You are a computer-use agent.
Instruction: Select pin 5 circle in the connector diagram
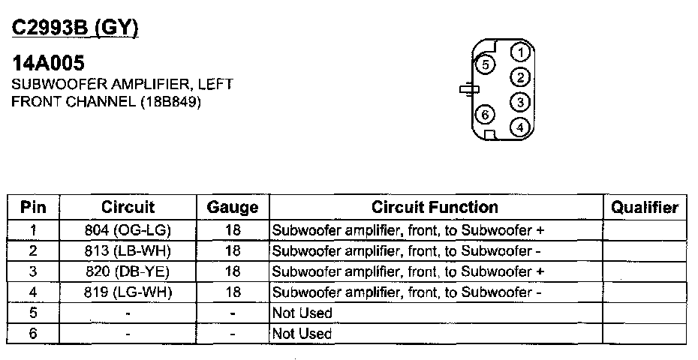tap(486, 64)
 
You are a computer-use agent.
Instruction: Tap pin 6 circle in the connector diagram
tap(486, 115)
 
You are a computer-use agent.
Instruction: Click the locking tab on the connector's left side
tap(467, 89)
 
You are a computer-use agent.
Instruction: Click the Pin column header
tap(34, 208)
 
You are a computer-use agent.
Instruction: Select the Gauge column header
tap(233, 208)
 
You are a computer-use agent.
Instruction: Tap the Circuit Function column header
tap(435, 207)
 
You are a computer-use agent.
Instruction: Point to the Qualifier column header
tap(645, 208)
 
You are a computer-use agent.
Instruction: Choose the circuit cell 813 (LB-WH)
tap(128, 250)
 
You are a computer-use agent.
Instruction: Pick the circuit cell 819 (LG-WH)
tap(128, 292)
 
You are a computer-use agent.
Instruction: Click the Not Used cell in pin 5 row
tap(302, 313)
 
